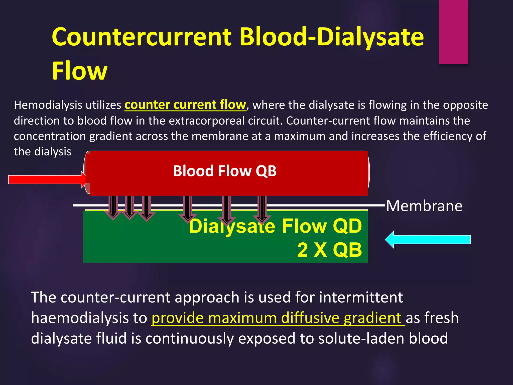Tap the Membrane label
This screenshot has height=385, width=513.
point(424,206)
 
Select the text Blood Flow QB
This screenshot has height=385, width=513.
point(225,171)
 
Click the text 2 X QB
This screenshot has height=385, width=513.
point(329,250)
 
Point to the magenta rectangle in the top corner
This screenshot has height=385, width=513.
point(453,32)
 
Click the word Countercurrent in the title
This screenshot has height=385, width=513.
point(142,37)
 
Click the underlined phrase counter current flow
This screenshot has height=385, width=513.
point(185,105)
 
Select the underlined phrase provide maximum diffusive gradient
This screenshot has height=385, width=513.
point(278,318)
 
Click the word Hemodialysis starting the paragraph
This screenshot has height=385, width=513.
point(48,105)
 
